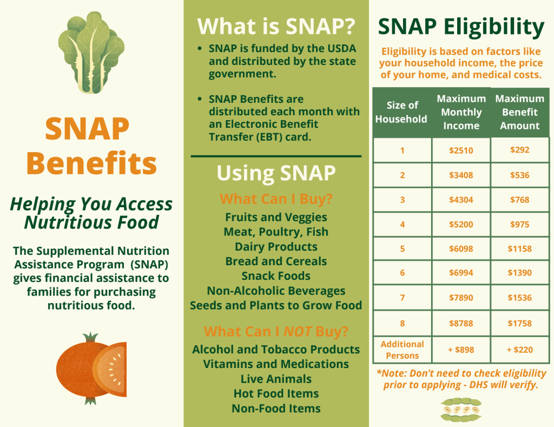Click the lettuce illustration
(x=91, y=52)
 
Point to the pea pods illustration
(x=461, y=410)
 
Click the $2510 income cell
(x=461, y=150)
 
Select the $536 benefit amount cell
(x=520, y=175)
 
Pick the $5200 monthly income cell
(x=461, y=224)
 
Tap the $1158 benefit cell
(x=520, y=248)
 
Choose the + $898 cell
(x=461, y=350)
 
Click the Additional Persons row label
(x=403, y=350)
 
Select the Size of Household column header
(x=402, y=112)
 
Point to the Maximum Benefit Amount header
(x=520, y=112)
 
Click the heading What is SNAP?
(x=276, y=27)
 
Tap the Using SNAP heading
(x=276, y=173)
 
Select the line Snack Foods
(x=276, y=275)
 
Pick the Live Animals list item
(x=276, y=379)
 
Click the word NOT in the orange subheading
(x=298, y=332)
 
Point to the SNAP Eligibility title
(x=461, y=27)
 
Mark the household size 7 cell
(x=403, y=298)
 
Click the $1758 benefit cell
(x=520, y=323)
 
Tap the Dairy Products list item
(x=276, y=246)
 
